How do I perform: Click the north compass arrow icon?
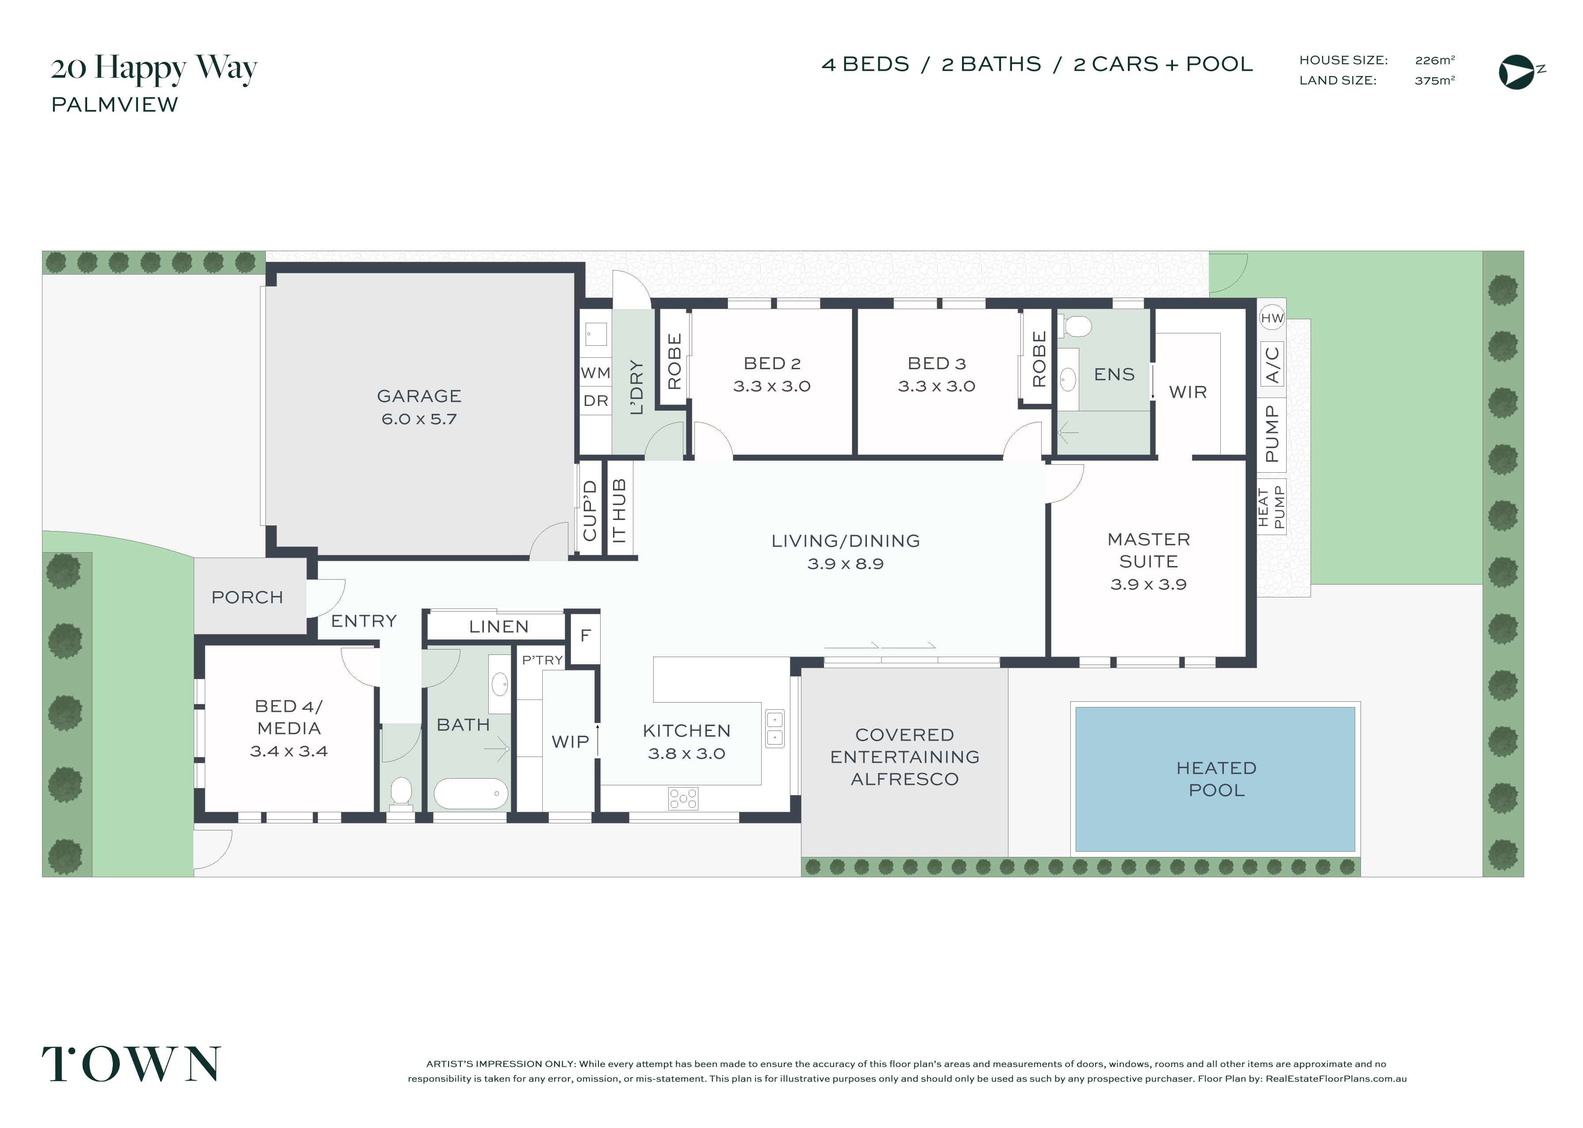coord(1517,72)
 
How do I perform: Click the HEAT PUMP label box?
coord(1272,506)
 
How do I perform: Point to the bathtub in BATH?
coord(471,793)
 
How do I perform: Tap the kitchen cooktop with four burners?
coord(683,799)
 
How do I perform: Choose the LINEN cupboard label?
coord(499,627)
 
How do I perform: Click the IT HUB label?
coord(619,511)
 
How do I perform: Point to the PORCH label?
coord(247,597)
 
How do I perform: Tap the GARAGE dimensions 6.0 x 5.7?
coord(419,419)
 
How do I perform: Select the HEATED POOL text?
coord(1216,779)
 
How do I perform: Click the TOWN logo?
coord(131,1064)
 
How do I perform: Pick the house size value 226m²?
coord(1435,61)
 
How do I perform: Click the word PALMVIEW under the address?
coord(115,105)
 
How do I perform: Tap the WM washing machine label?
coord(595,373)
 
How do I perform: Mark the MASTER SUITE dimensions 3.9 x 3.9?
coord(1148,584)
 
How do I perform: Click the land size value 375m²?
coord(1435,80)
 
